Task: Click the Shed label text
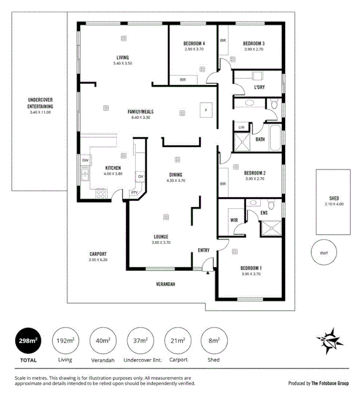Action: point(334,198)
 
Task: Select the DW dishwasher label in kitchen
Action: point(85,160)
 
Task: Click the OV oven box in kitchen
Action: point(140,177)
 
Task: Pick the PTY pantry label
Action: point(134,193)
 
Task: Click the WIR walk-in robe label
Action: point(234,220)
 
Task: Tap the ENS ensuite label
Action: point(264,213)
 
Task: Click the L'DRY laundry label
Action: point(259,87)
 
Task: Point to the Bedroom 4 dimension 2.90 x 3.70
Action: point(194,49)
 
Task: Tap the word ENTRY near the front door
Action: point(204,250)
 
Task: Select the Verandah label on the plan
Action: point(166,284)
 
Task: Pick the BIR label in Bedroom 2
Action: point(223,184)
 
